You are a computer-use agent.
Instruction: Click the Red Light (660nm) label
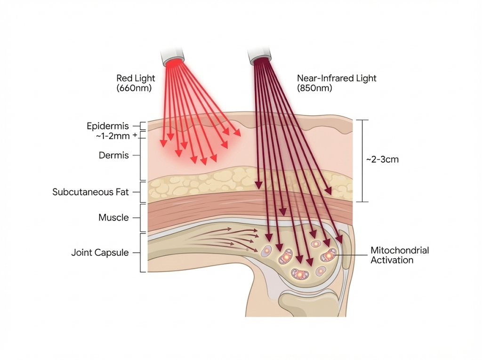pyautogui.click(x=136, y=83)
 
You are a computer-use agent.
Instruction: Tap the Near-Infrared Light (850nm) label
pyautogui.click(x=337, y=83)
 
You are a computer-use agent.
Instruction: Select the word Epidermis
pyautogui.click(x=108, y=126)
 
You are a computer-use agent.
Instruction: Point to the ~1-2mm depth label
pyautogui.click(x=113, y=136)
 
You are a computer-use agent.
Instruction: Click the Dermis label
pyautogui.click(x=113, y=155)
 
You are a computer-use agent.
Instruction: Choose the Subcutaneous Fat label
pyautogui.click(x=90, y=192)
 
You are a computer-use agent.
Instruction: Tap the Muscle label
pyautogui.click(x=113, y=217)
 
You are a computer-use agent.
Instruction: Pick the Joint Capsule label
pyautogui.click(x=100, y=253)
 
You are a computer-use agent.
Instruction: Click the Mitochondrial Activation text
pyautogui.click(x=400, y=255)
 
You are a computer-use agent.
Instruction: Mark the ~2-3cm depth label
pyautogui.click(x=382, y=160)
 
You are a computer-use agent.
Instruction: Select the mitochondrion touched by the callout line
pyautogui.click(x=329, y=256)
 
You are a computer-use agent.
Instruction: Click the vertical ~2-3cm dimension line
pyautogui.click(x=361, y=160)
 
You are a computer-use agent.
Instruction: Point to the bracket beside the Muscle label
pyautogui.click(x=143, y=217)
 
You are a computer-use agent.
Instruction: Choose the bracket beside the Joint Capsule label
pyautogui.click(x=143, y=253)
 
